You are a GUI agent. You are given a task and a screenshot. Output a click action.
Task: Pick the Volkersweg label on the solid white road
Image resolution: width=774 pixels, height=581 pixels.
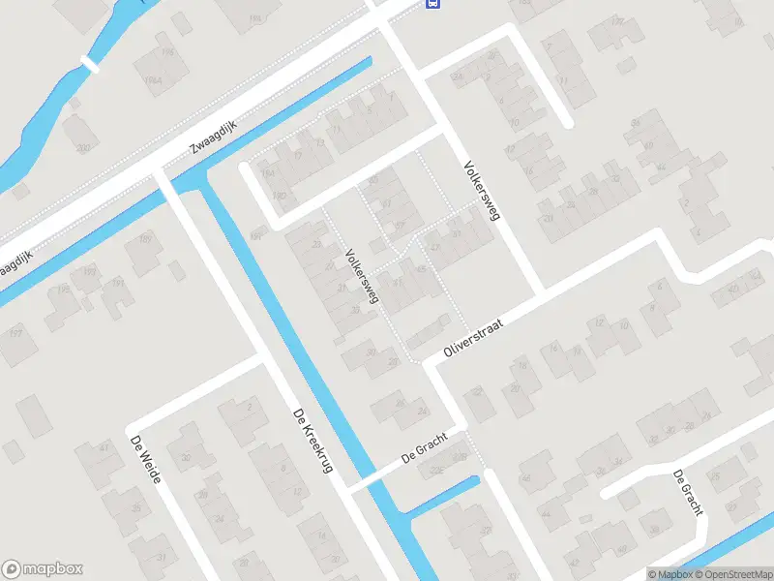[481, 191]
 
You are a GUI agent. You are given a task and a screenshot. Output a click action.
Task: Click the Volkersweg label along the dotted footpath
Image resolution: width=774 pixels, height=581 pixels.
[362, 277]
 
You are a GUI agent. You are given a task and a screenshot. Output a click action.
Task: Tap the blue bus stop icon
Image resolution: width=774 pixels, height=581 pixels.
[432, 3]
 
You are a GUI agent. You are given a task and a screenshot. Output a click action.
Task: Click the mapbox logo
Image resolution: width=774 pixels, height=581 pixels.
[43, 569]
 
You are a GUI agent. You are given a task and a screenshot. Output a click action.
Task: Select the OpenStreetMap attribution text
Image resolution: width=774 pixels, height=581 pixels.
[732, 574]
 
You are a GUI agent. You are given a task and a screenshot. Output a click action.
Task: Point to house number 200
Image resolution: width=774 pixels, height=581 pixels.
[83, 147]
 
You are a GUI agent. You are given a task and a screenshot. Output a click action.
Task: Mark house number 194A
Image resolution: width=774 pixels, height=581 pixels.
[154, 80]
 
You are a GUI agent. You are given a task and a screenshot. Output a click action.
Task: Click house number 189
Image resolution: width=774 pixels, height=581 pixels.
[145, 239]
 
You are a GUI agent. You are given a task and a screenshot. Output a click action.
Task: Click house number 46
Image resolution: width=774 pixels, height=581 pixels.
[527, 478]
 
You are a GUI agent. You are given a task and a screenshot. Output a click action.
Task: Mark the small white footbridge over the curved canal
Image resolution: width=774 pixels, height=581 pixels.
[90, 65]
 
